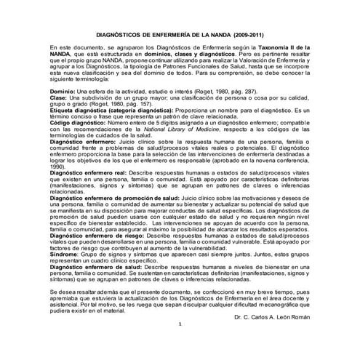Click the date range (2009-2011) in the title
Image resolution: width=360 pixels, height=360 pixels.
click(244, 34)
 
